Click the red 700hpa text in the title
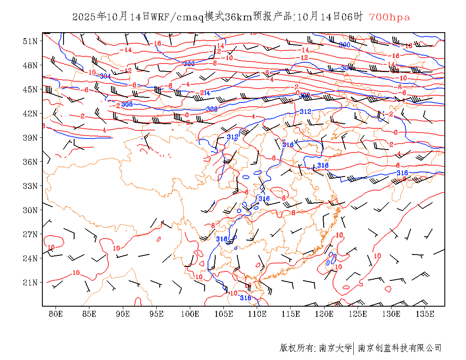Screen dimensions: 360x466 tap(389, 17)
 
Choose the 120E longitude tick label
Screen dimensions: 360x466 tap(325, 314)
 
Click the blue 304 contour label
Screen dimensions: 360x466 tap(105, 76)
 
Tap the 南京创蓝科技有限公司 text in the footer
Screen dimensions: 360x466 tap(400, 348)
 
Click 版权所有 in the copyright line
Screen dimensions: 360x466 tap(297, 348)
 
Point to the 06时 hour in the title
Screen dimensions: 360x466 tap(353, 17)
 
